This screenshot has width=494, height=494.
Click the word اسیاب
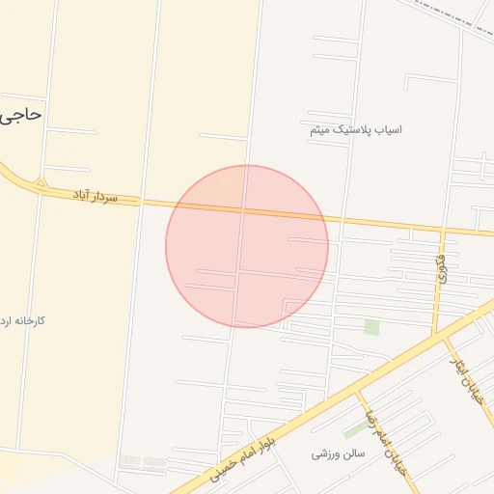point(388,129)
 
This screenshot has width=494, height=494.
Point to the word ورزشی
point(325,453)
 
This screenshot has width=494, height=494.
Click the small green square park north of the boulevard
point(371,327)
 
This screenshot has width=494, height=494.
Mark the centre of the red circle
point(247,246)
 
